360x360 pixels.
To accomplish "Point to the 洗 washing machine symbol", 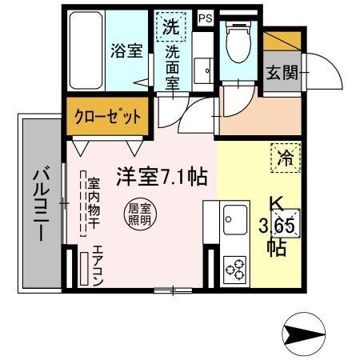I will (171, 26).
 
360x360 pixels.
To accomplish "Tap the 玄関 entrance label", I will (282, 73).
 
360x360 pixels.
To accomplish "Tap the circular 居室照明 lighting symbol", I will (140, 214).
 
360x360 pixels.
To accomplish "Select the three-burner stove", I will (236, 268).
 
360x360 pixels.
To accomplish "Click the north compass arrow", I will (305, 331).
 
